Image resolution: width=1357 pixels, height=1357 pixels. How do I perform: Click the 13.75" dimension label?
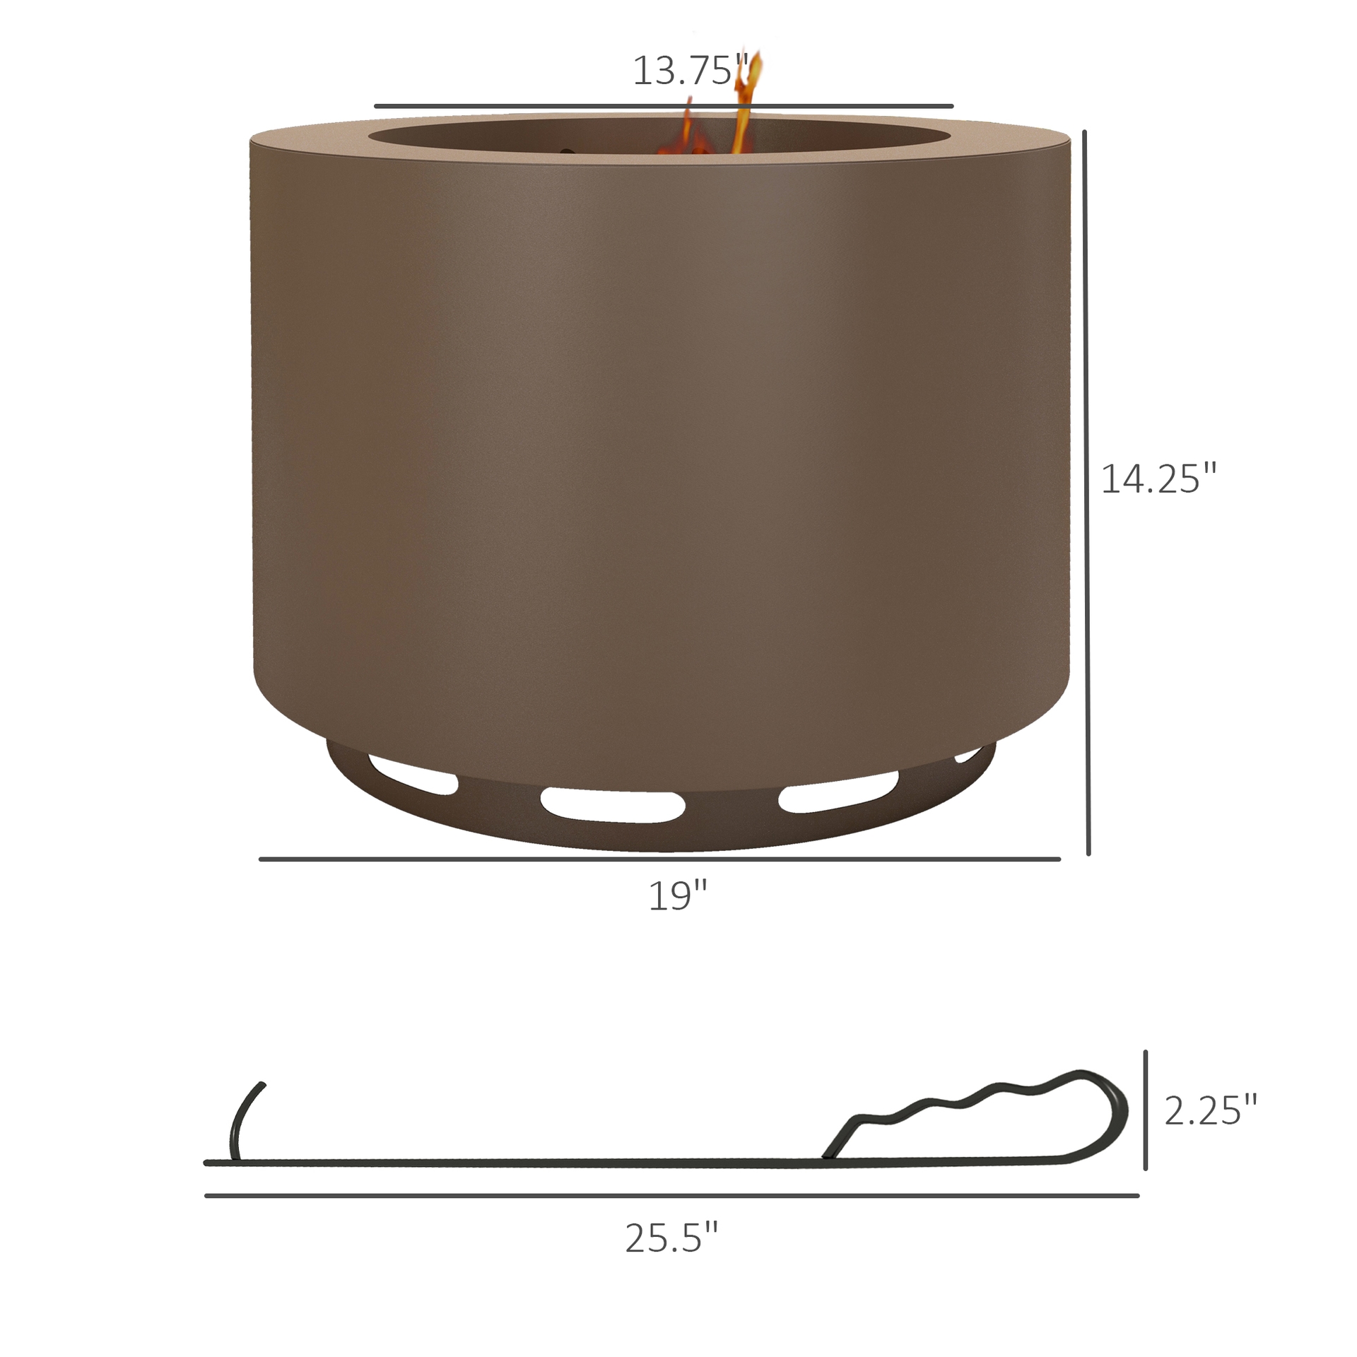point(689,71)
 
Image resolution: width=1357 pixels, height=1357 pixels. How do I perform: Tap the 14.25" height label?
point(1158,479)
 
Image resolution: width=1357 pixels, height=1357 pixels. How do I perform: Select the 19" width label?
point(677,896)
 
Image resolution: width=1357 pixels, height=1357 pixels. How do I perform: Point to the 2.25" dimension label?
point(1211,1110)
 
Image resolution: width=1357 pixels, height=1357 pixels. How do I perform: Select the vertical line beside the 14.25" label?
point(1086,495)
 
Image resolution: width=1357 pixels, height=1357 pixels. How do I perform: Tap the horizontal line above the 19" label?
point(659,859)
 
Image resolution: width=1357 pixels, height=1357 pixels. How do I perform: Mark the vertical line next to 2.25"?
point(1145,1110)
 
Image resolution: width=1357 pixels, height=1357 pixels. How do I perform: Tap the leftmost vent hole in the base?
point(413,775)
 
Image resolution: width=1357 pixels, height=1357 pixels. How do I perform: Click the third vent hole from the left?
point(838,792)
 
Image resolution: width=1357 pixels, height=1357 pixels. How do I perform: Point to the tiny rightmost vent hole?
point(967,756)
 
